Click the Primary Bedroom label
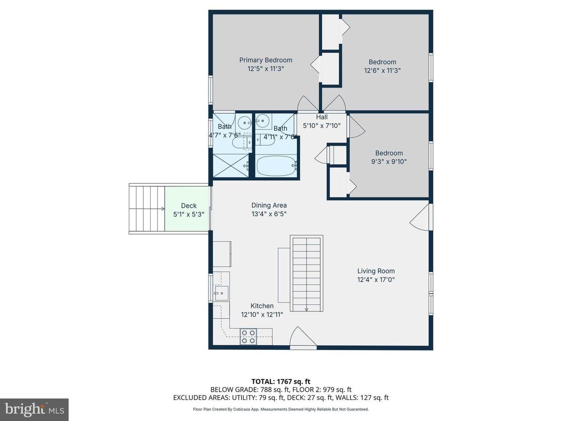tap(266, 60)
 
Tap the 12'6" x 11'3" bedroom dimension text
tap(382, 70)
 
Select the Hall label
tap(321, 117)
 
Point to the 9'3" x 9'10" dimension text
tap(389, 161)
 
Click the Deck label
tap(189, 206)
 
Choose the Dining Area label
tap(269, 205)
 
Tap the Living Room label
tap(376, 271)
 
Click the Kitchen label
tap(262, 306)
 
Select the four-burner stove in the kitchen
tap(248, 336)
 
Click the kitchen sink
tap(221, 293)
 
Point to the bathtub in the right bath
tap(277, 166)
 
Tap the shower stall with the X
tap(231, 165)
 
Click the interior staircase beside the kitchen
tap(306, 273)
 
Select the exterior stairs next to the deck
tap(147, 209)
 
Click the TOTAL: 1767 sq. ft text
tap(281, 382)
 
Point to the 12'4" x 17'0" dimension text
tap(376, 279)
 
